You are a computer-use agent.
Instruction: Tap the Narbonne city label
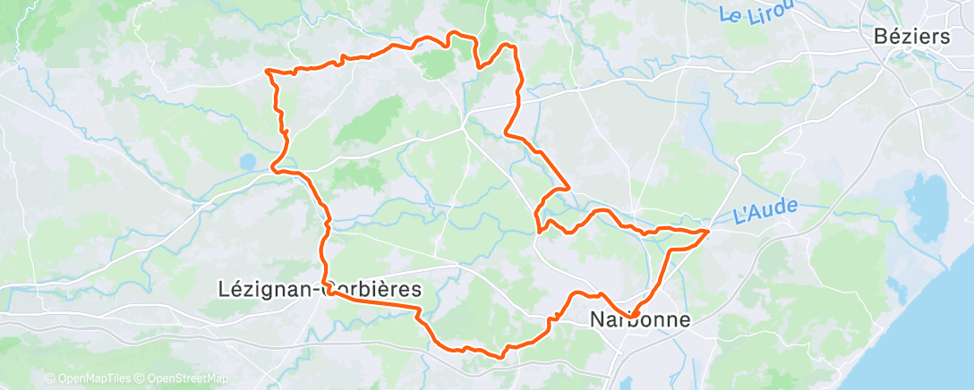(639, 319)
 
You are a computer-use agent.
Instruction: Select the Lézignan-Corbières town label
(320, 288)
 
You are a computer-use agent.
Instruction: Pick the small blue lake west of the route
(246, 163)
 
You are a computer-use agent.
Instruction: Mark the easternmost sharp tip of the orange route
(709, 232)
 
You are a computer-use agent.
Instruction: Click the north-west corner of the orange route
(268, 70)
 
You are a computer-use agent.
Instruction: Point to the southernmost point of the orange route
(498, 356)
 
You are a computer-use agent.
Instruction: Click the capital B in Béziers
(881, 38)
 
